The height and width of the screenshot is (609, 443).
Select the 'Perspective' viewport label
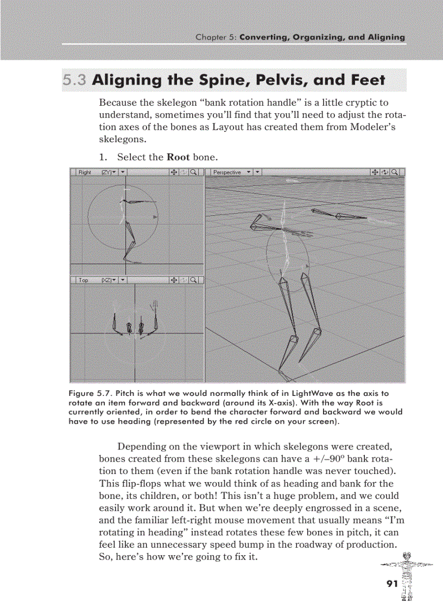(228, 172)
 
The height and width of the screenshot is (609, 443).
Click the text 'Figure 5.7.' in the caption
(87, 393)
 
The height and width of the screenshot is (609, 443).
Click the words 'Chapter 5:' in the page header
(216, 37)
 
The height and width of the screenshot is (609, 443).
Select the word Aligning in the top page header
(383, 37)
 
